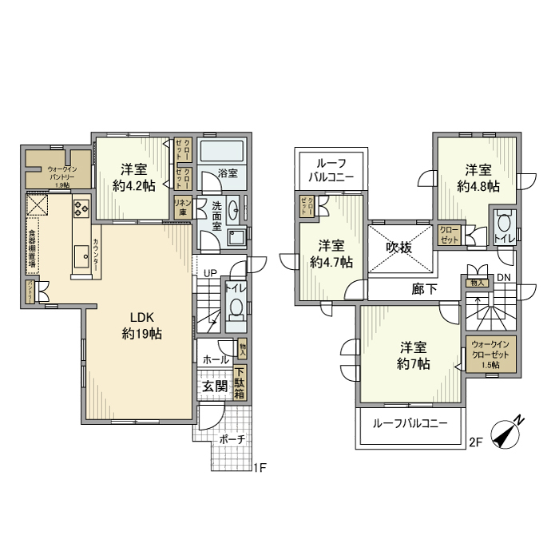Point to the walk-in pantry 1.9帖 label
[62, 174]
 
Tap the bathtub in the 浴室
[223, 152]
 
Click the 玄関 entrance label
[214, 386]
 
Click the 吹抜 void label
[399, 248]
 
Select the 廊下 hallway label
[424, 289]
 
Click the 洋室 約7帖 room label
[414, 355]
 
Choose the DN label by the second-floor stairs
[502, 277]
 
